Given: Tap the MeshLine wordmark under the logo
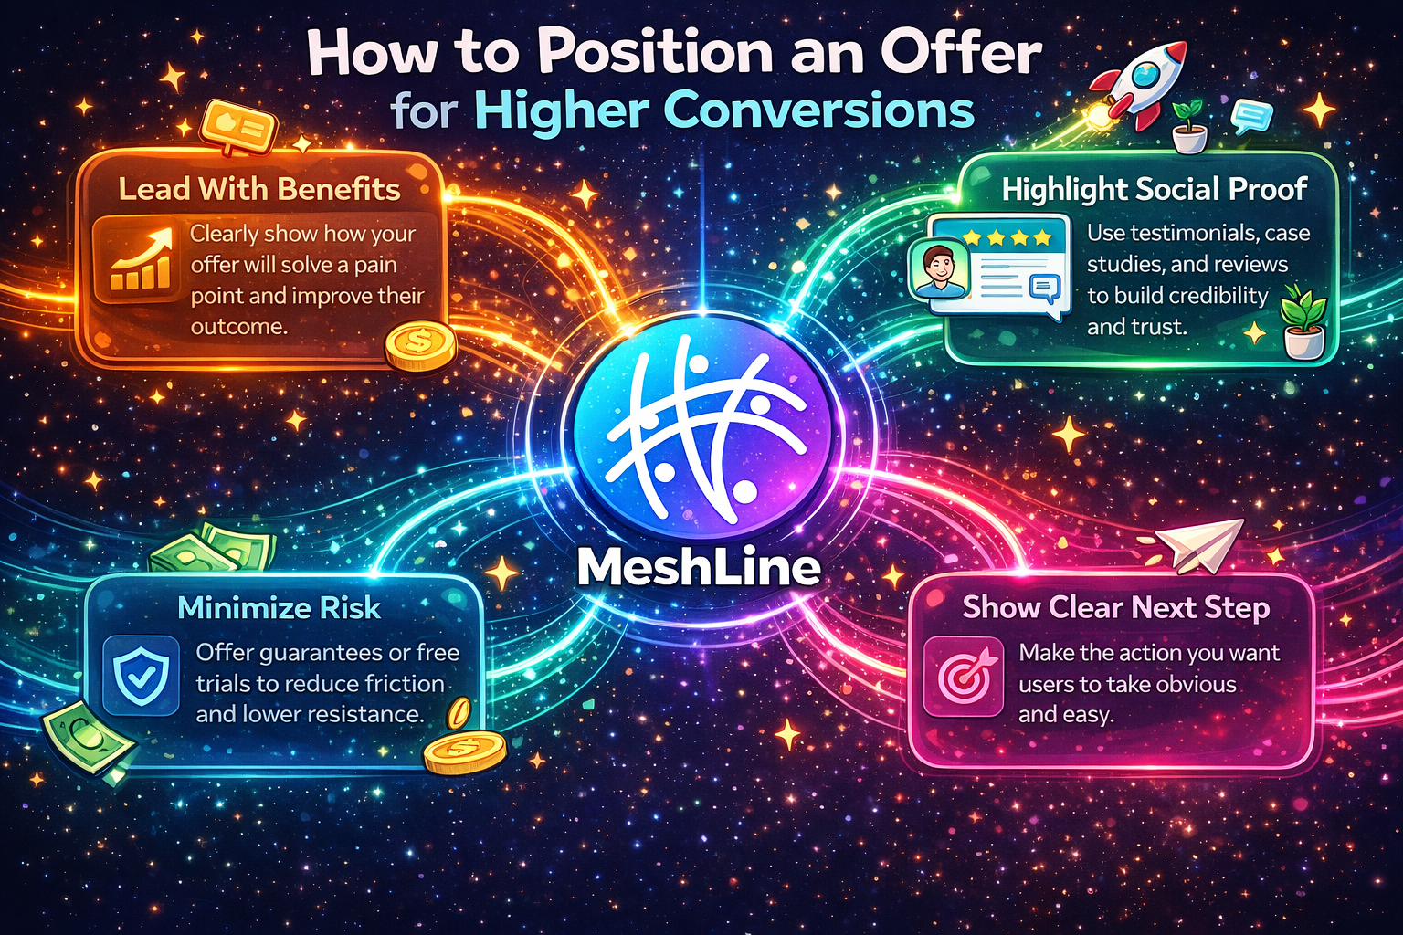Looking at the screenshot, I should [x=700, y=567].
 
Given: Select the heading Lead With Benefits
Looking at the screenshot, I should [x=258, y=189].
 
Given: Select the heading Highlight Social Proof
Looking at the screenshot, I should [x=1154, y=189].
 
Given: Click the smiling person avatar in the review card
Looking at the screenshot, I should [x=937, y=271].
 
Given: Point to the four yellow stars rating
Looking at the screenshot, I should [x=1007, y=237].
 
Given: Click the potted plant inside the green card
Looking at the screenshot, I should [x=1303, y=321].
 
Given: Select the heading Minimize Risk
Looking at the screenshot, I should [x=279, y=608].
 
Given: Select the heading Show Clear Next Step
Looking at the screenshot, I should [x=1115, y=607].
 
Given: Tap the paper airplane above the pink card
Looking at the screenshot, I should [x=1200, y=544].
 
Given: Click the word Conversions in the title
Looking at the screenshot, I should [x=815, y=111].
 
